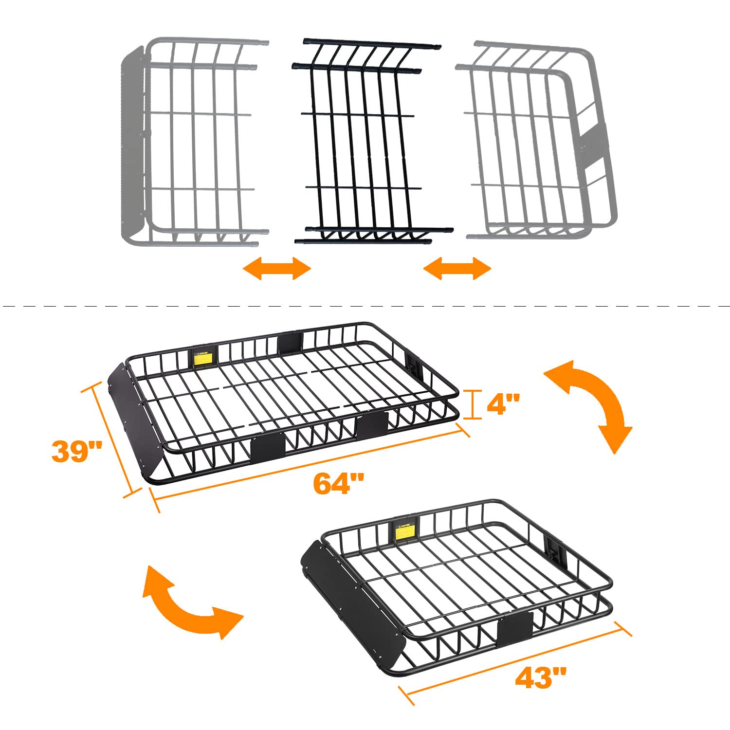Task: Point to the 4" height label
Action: (x=503, y=404)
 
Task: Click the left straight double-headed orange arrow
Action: (x=277, y=268)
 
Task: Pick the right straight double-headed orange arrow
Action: (x=457, y=268)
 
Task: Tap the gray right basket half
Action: (x=535, y=141)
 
